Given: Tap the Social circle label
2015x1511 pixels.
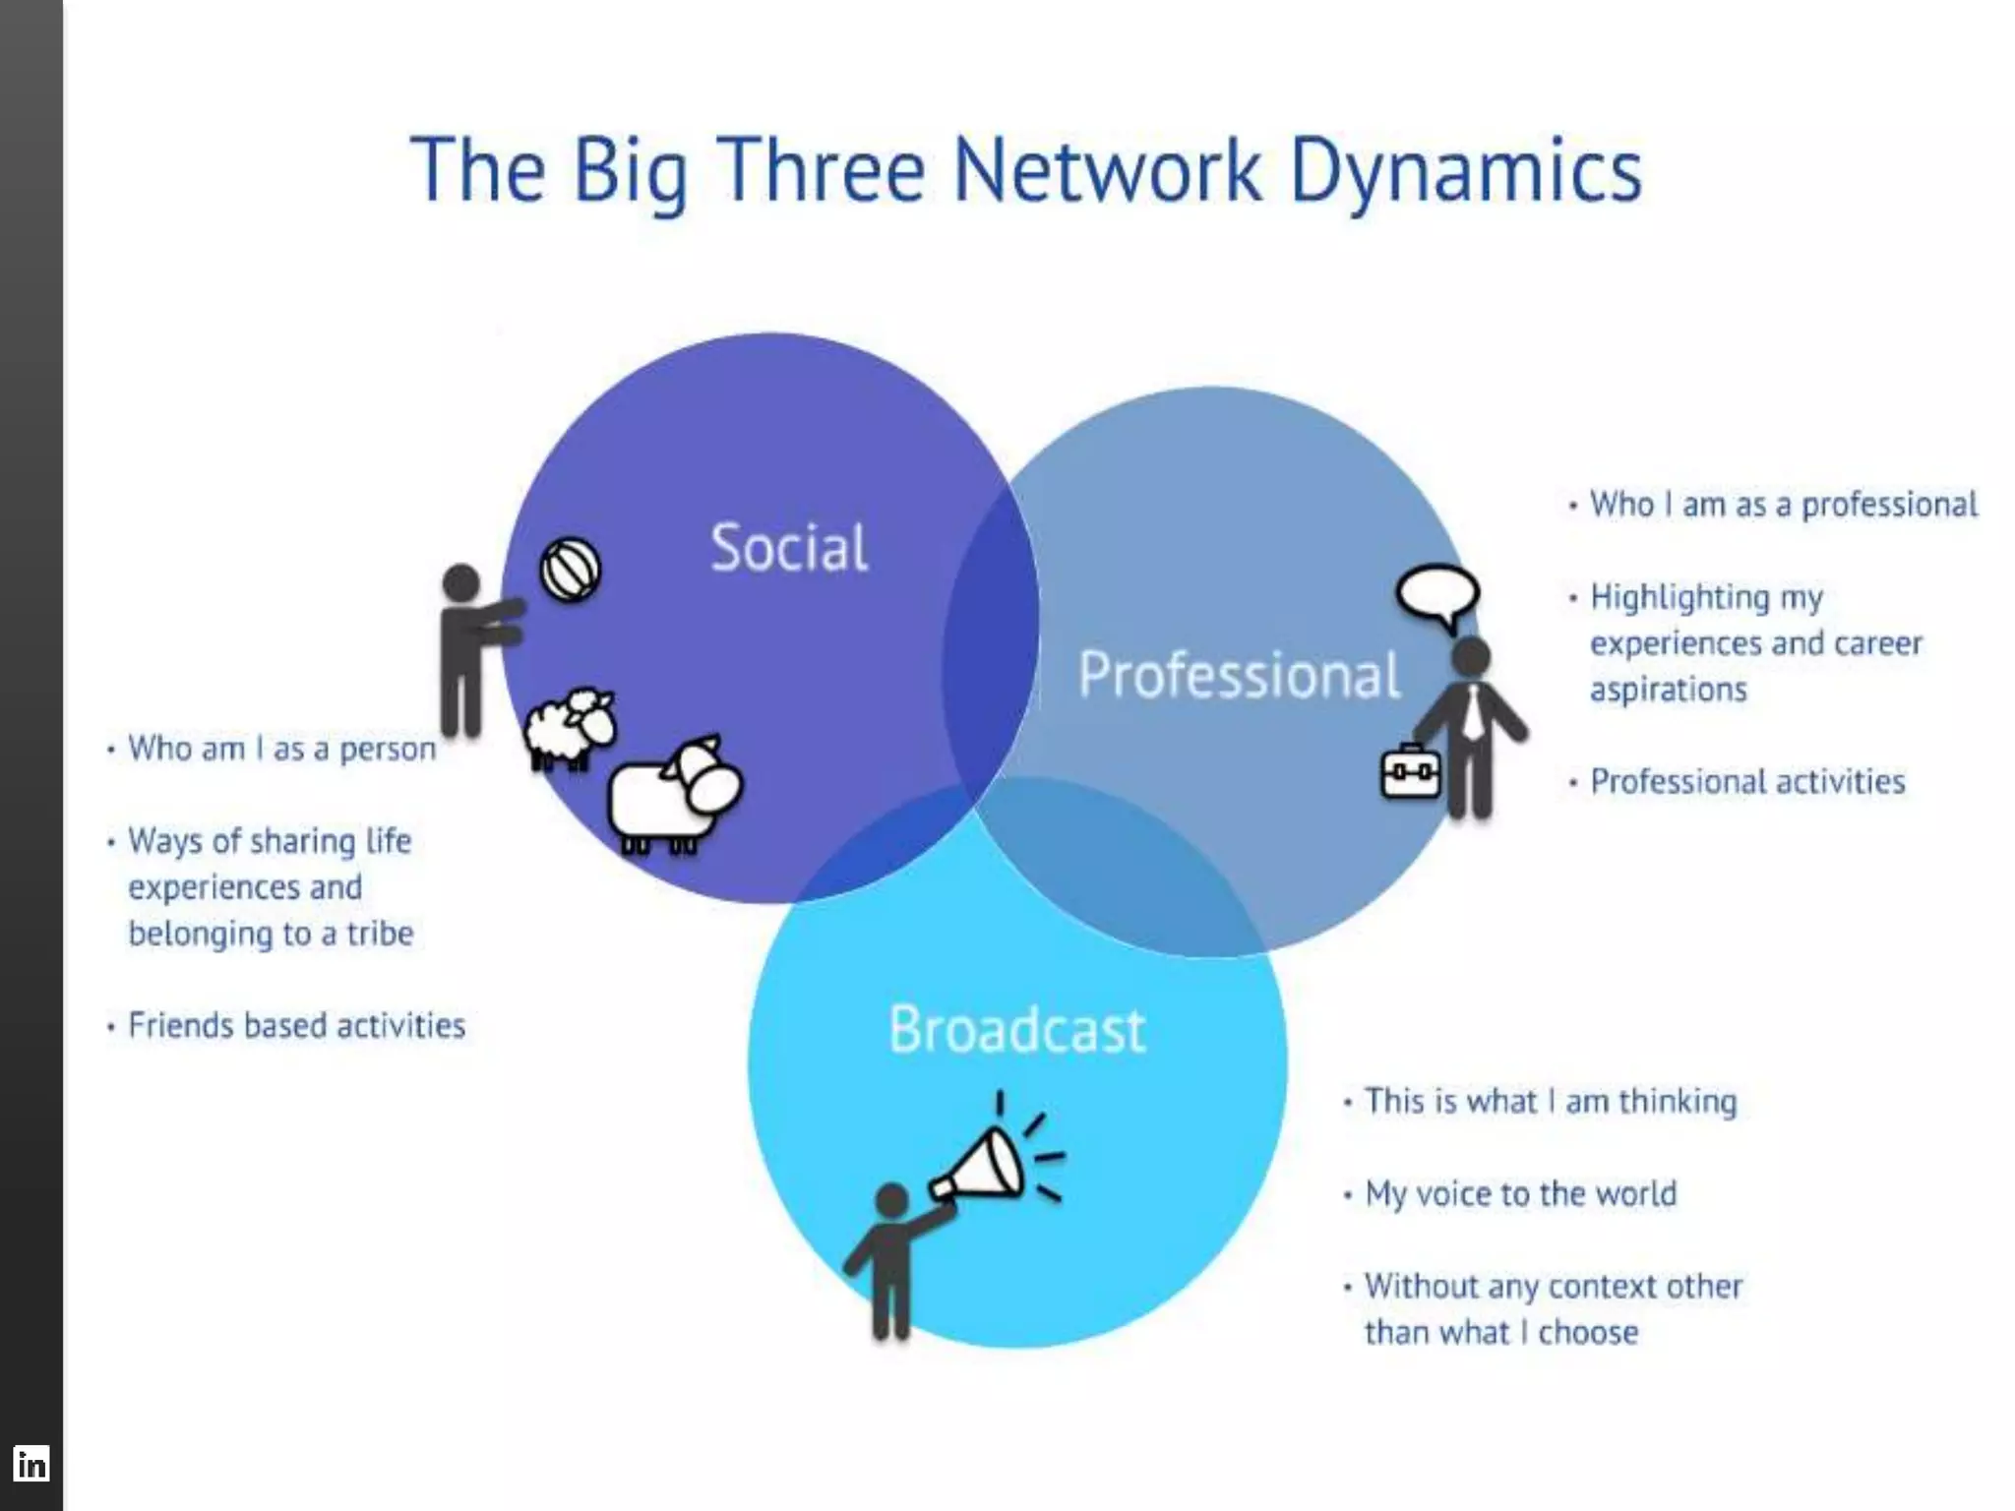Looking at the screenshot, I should coord(789,548).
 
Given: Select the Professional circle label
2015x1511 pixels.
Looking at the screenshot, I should coord(1239,675).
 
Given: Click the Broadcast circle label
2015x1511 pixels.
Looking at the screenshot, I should coord(1017,1030).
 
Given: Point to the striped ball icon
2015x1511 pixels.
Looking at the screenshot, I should coord(570,570).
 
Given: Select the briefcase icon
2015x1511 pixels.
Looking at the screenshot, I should coord(1411,773).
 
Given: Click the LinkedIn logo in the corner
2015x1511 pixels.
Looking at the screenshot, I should coord(31,1464).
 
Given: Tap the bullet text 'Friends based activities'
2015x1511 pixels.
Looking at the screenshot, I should coord(296,1026).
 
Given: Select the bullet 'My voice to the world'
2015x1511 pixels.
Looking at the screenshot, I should coord(1520,1194).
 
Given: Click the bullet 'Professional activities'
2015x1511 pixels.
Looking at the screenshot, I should coord(1747,782).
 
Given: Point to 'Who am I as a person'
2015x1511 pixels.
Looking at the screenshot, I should coord(281,749).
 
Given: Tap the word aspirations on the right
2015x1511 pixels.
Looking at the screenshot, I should coord(1669,690).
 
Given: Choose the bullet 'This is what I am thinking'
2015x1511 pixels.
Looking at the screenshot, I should coord(1551,1102).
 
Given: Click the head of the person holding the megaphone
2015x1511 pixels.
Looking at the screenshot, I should coord(891,1201).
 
